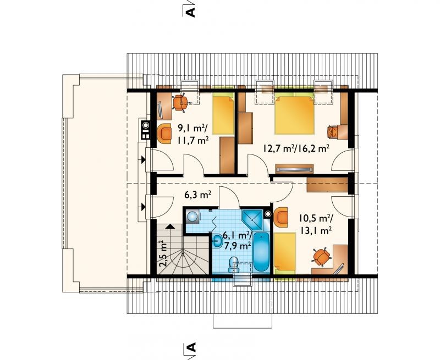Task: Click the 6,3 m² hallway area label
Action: coord(197,195)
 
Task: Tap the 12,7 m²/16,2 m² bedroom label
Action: coord(296,148)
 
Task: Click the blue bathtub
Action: coord(261,252)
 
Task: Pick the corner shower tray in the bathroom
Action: coord(252,219)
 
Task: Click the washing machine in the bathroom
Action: coord(193,216)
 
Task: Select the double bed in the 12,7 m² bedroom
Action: coord(294,114)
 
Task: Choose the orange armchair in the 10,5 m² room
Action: coord(281,217)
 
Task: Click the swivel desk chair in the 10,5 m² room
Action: coord(321,256)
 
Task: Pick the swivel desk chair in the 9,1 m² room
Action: coord(180,103)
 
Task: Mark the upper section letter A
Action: coord(191,12)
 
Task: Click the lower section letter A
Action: coord(191,347)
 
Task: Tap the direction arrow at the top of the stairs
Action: coord(169,226)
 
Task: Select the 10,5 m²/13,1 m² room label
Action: coord(316,224)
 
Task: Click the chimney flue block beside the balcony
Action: coord(145,130)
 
